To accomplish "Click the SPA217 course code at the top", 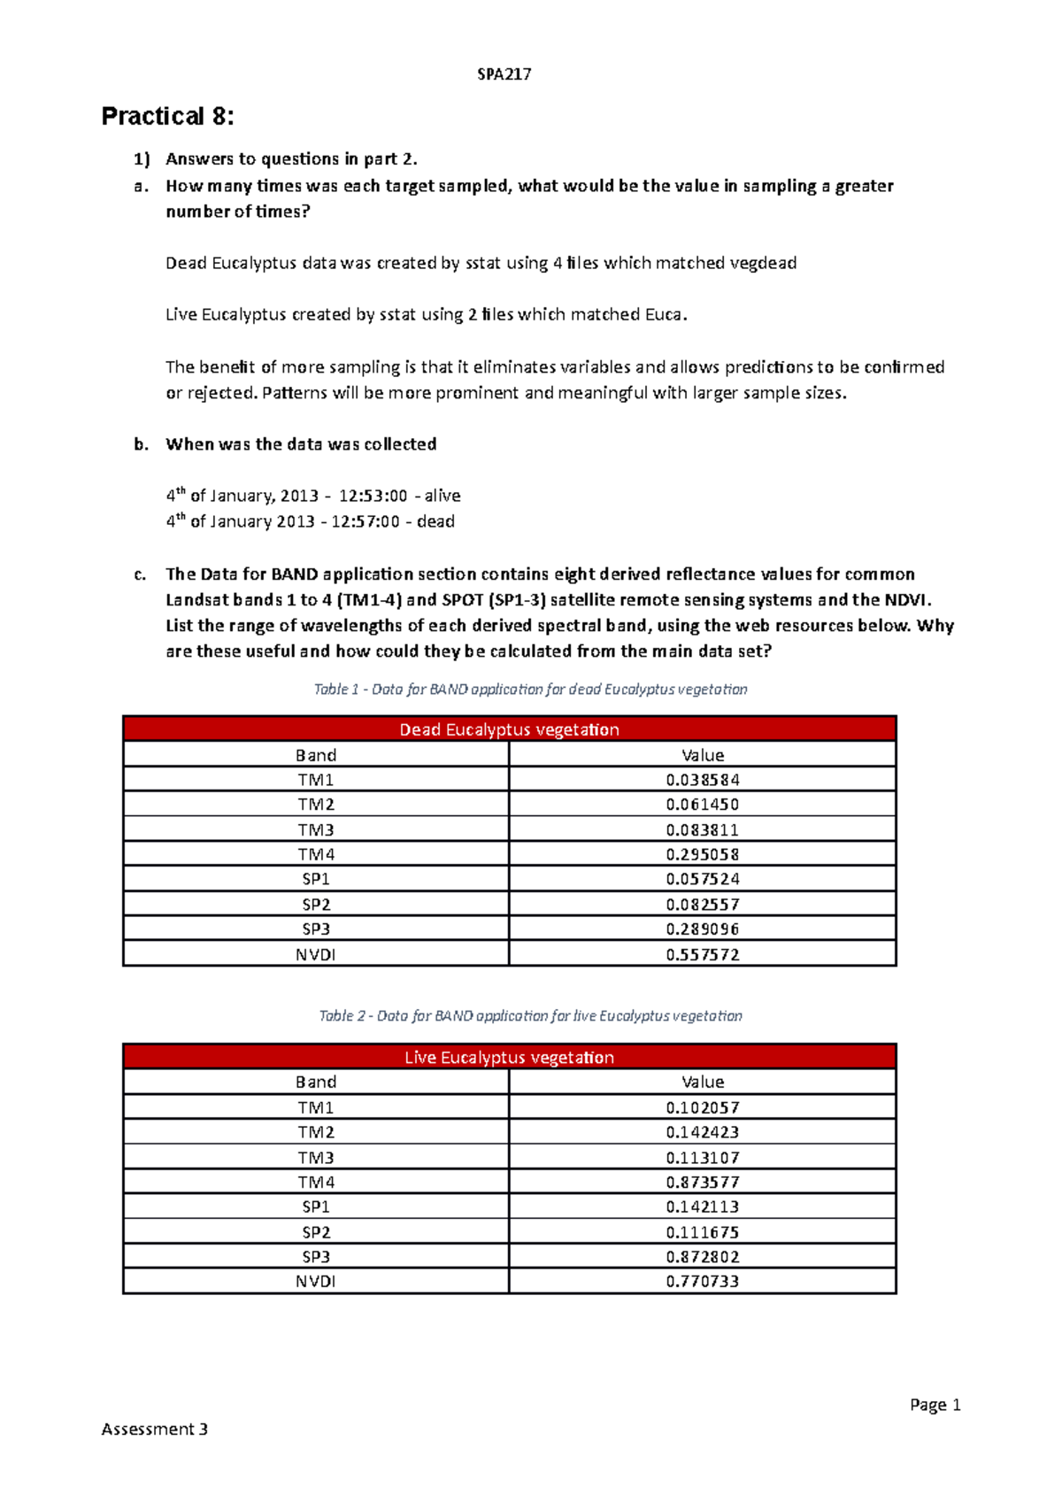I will pyautogui.click(x=504, y=74).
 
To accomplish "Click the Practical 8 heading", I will pyautogui.click(x=167, y=116).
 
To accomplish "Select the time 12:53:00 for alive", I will pyautogui.click(x=373, y=496).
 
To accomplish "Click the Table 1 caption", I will pyautogui.click(x=530, y=689).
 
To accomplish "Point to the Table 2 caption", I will pyautogui.click(x=530, y=1015).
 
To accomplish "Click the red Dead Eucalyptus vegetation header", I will pyautogui.click(x=509, y=729).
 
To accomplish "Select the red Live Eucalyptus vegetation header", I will pyautogui.click(x=509, y=1057).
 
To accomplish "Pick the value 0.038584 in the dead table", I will pyautogui.click(x=703, y=780).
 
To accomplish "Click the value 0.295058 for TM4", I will pyautogui.click(x=703, y=854).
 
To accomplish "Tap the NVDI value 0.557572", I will pyautogui.click(x=703, y=954).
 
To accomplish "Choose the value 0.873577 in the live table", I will pyautogui.click(x=703, y=1182).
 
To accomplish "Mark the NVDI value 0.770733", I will pyautogui.click(x=703, y=1281).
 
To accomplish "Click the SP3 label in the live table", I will pyautogui.click(x=316, y=1256).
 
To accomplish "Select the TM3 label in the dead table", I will pyautogui.click(x=316, y=829).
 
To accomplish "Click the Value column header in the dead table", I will pyautogui.click(x=703, y=755).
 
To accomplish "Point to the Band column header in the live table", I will pyautogui.click(x=316, y=1082).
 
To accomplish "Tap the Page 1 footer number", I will pyautogui.click(x=935, y=1405).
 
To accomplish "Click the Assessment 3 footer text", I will pyautogui.click(x=155, y=1429).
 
